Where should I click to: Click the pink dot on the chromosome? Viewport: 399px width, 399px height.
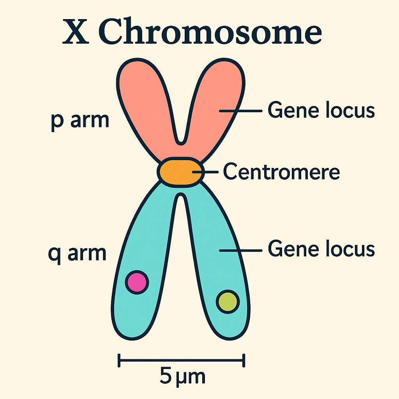(x=137, y=282)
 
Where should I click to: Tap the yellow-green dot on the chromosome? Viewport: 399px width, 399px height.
(x=228, y=302)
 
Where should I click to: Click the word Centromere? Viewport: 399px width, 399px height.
(x=281, y=172)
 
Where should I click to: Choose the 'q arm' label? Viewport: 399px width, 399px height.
(x=77, y=253)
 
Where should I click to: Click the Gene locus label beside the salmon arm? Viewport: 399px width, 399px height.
(x=321, y=111)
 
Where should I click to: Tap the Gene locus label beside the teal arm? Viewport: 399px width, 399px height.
(x=321, y=249)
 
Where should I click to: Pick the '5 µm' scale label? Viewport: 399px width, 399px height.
(x=182, y=377)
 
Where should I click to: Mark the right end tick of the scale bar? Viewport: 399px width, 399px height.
(x=244, y=360)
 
